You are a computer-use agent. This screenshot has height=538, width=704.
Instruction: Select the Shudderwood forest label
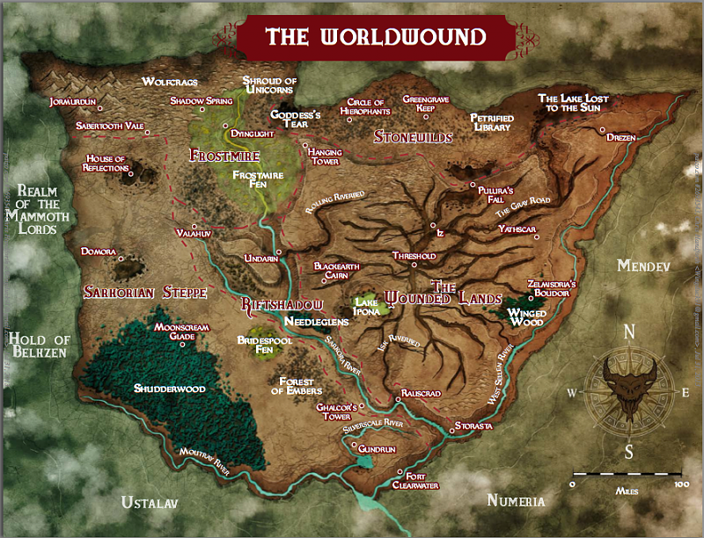coord(170,388)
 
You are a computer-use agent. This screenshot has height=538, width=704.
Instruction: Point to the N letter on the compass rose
coord(629,332)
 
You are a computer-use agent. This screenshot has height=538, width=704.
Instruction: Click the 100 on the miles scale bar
coord(679,484)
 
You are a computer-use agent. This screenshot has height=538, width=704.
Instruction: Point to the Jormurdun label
coord(73,101)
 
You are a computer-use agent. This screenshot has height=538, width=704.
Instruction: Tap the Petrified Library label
coord(490,122)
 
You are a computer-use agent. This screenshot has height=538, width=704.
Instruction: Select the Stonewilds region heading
coord(413,137)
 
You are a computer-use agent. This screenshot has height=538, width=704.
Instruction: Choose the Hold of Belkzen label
coord(38,347)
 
